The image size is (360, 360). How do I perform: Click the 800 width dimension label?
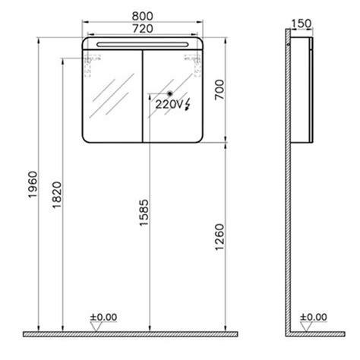[x=142, y=16]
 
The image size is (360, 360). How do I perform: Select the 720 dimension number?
[x=143, y=29]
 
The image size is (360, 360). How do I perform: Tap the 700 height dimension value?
[x=219, y=90]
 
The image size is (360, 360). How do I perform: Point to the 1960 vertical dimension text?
[x=33, y=185]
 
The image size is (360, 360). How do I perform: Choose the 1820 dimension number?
[x=57, y=195]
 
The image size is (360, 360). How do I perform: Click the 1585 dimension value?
[x=144, y=213]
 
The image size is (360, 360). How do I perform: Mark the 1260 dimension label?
[x=219, y=237]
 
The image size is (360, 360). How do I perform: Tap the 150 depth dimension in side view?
[x=302, y=24]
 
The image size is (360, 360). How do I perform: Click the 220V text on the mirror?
[x=169, y=104]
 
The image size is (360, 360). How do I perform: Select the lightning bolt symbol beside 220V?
[x=188, y=105]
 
